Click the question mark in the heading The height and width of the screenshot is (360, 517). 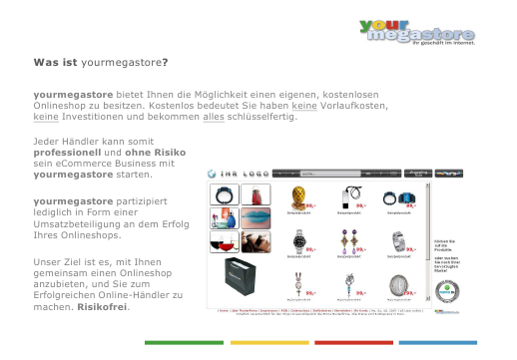[x=164, y=62]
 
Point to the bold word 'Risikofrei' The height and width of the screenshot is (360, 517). [x=103, y=306]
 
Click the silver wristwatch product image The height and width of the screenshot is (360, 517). [x=297, y=240]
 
